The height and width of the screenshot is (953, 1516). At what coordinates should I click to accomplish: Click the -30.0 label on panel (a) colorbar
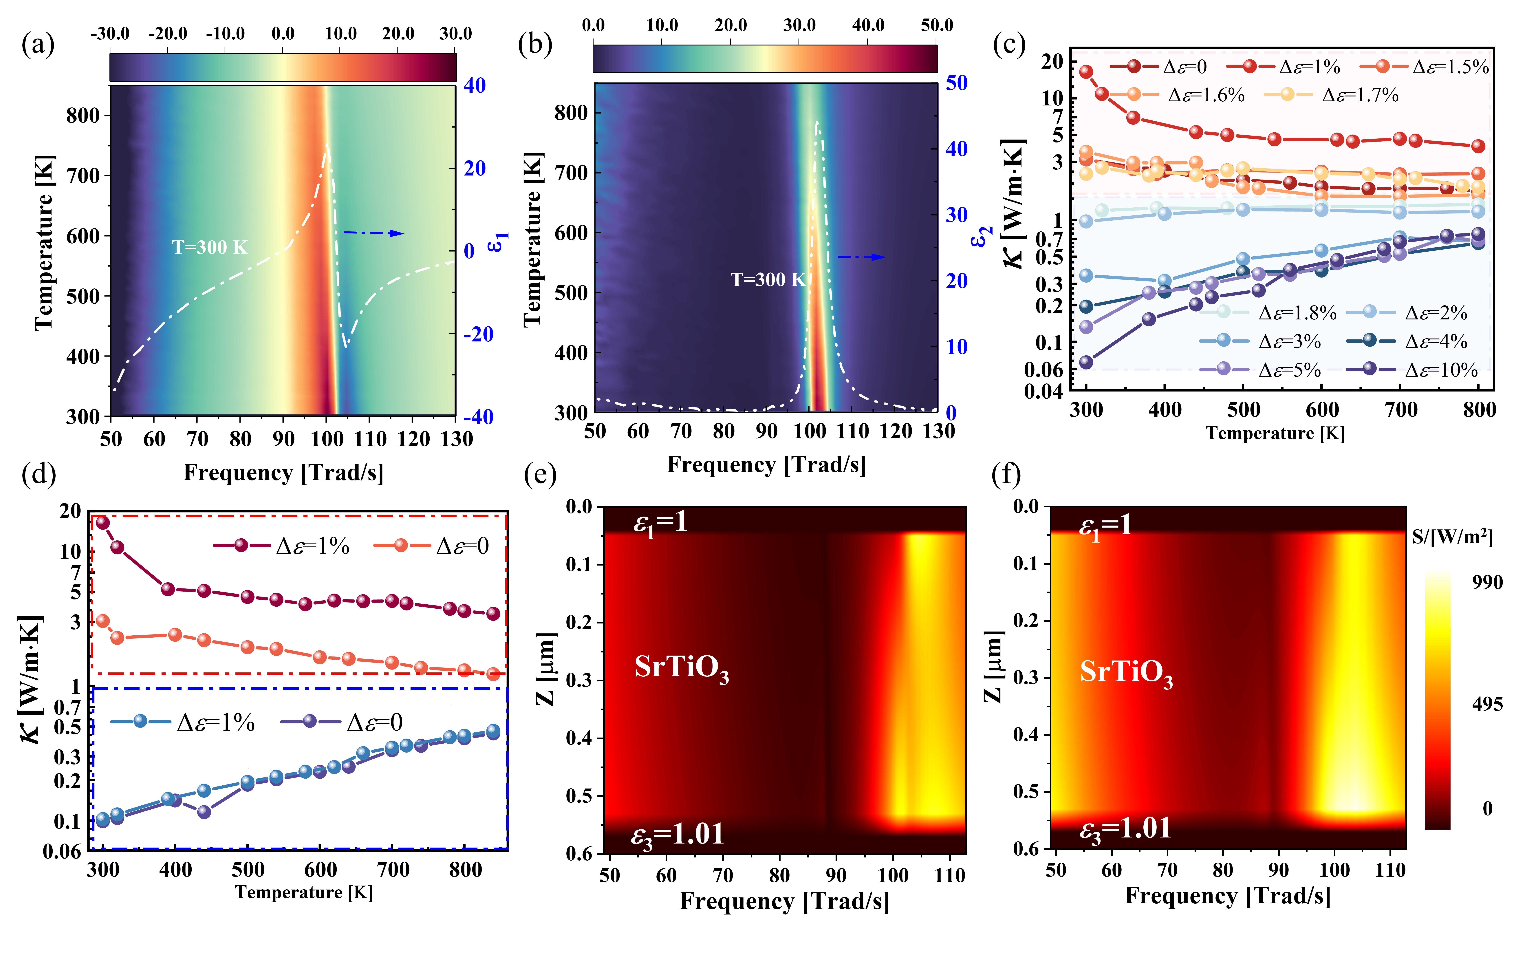pos(110,33)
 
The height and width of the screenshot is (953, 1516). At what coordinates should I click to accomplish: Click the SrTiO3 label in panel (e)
pos(681,668)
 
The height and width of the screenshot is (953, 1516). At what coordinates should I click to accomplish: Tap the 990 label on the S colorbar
pos(1487,582)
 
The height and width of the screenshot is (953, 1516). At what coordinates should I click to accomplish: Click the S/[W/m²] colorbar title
pos(1452,537)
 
